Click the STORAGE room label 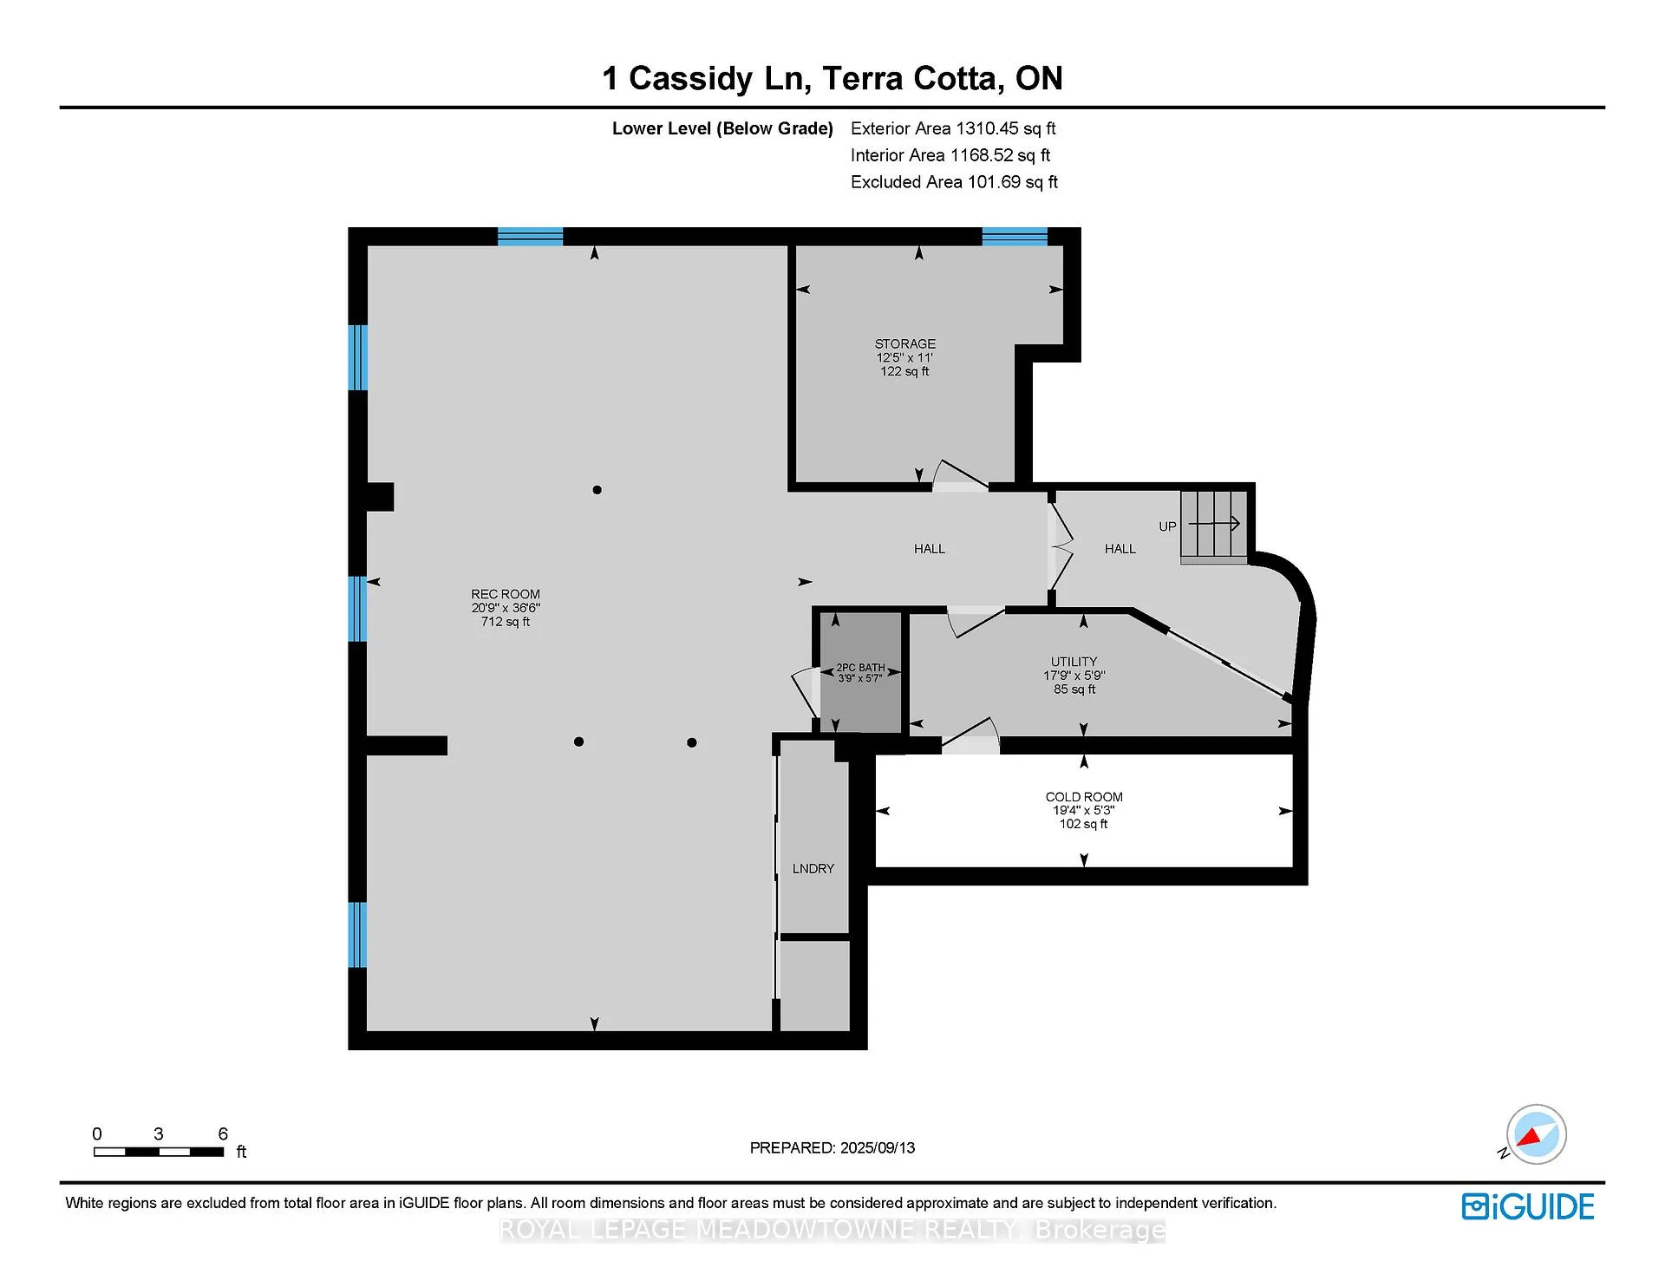[x=904, y=344]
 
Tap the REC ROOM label [x=506, y=595]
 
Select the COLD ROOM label [x=1084, y=797]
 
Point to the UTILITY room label [x=1074, y=662]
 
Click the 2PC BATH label [x=860, y=668]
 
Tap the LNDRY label [x=813, y=869]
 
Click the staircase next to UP [x=1214, y=527]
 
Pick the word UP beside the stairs [x=1167, y=526]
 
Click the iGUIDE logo [x=1528, y=1206]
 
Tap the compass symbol [x=1536, y=1134]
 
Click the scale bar [x=159, y=1152]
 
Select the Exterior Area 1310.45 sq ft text [x=953, y=128]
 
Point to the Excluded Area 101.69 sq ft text [x=954, y=182]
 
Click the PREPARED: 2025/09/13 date [x=832, y=1148]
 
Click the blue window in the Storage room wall [x=1015, y=236]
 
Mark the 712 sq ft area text [x=506, y=622]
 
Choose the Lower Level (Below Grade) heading [x=722, y=129]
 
